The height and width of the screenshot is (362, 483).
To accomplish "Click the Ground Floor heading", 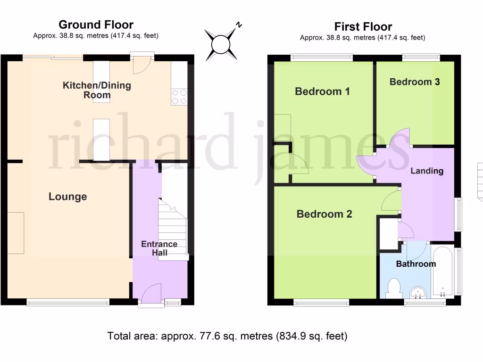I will [96, 25].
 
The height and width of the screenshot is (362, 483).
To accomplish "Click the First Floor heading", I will [363, 26].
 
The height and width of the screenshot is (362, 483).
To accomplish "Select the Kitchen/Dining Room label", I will [97, 90].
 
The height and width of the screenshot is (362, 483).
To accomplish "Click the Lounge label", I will [67, 197].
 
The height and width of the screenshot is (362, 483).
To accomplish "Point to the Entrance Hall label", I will [159, 248].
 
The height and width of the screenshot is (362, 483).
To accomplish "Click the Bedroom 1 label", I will [322, 91].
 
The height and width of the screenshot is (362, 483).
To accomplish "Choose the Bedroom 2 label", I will [324, 214].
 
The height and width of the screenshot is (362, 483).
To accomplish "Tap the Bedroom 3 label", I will [415, 82].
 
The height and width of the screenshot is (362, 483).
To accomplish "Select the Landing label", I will [427, 171].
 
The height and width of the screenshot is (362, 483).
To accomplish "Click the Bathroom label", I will [416, 263].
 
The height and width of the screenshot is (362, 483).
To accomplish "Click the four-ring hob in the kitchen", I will [179, 97].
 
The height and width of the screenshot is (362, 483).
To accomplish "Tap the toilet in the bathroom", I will [392, 287].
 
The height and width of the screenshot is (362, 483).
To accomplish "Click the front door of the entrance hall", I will [151, 294].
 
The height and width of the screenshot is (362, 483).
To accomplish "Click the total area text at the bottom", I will [227, 336].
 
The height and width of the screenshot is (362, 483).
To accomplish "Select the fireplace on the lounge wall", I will [16, 233].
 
